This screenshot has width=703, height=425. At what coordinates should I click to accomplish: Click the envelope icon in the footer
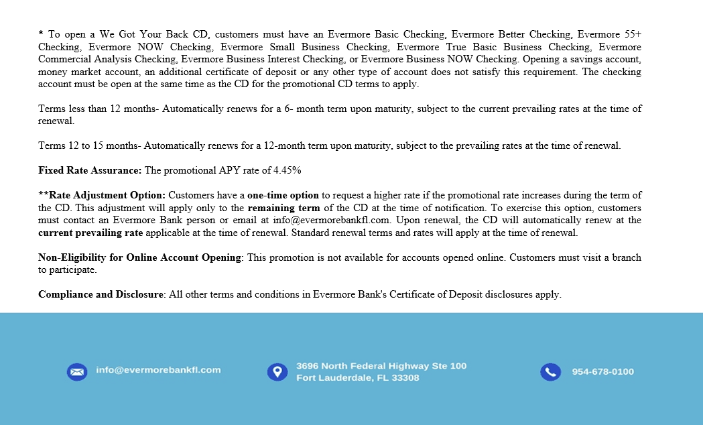76,371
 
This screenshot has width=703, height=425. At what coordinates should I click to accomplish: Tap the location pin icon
277,372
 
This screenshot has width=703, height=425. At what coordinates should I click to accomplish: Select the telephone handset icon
550,372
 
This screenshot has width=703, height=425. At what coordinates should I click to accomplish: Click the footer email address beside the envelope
158,369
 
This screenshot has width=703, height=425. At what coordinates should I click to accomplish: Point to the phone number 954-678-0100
602,371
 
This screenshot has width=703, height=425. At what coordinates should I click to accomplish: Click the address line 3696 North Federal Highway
381,366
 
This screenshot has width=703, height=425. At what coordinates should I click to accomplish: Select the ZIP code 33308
405,377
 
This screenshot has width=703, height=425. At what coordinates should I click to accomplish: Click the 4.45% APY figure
286,170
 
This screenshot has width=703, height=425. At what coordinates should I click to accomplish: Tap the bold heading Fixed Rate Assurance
90,170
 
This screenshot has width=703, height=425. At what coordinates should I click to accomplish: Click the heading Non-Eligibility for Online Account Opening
139,257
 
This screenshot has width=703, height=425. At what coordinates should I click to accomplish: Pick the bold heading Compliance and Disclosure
101,294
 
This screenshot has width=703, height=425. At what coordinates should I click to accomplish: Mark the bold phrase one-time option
283,195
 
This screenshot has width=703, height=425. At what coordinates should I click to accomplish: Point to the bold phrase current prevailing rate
90,233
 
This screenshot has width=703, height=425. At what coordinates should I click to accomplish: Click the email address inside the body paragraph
340,220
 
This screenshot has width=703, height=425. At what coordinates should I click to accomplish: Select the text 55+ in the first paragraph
633,34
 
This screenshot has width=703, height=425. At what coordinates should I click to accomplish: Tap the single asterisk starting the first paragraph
41,34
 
